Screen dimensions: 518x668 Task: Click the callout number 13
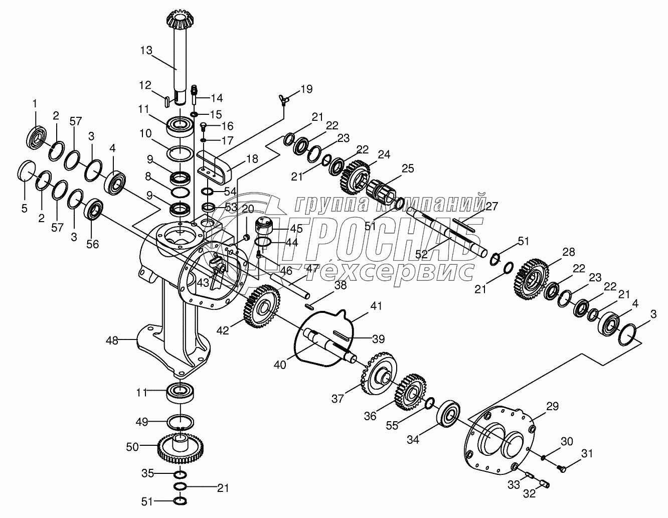coord(146,51)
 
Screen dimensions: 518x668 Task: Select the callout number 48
coord(112,340)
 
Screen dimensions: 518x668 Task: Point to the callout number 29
coord(552,407)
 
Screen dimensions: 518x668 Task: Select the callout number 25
coord(408,168)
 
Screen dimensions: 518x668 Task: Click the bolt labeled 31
coord(562,468)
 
